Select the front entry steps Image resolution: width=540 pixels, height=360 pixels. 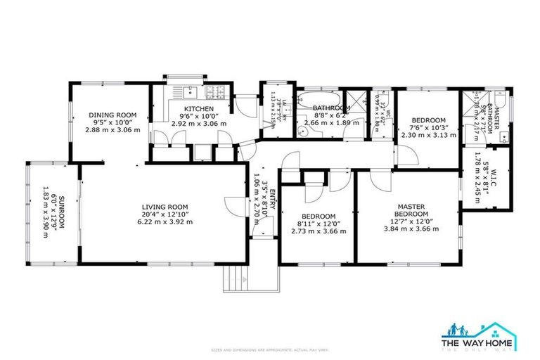[x=235, y=280]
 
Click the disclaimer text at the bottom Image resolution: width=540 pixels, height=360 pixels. [x=270, y=349]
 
